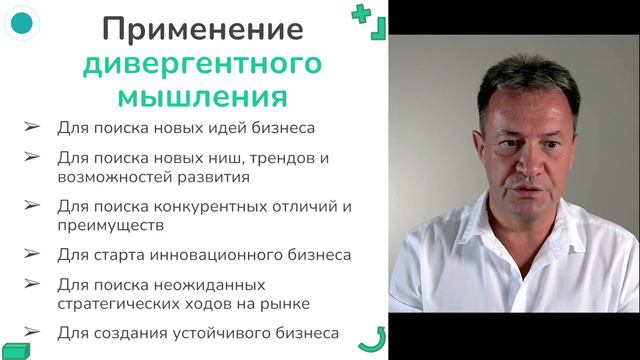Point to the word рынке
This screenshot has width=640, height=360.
(287, 303)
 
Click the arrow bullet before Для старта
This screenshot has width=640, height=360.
(32, 254)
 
